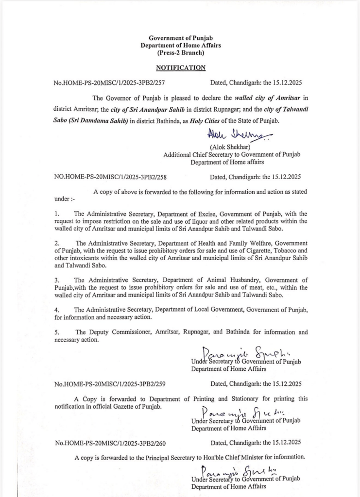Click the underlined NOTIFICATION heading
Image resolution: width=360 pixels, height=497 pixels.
tap(181, 68)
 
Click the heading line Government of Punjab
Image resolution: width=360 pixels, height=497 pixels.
tap(181, 38)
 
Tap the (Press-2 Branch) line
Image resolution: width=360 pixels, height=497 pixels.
tap(181, 52)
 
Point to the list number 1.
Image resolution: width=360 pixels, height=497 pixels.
tap(56, 214)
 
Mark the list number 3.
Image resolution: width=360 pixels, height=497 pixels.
tap(56, 280)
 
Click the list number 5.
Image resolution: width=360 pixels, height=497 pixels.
tap(56, 332)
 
